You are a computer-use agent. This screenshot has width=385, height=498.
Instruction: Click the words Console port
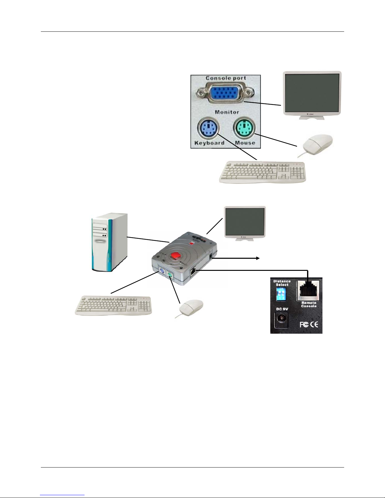pos(226,78)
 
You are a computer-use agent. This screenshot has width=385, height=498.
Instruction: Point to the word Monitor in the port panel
pos(227,112)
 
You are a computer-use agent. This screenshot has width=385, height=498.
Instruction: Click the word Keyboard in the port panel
pos(209,143)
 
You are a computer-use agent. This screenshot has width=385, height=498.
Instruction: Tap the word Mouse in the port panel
pos(245,143)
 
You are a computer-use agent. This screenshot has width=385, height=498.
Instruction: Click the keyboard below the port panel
pos(262,172)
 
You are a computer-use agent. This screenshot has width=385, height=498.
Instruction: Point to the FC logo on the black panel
pos(304,324)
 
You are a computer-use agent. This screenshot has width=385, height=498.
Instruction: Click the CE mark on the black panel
pos(314,324)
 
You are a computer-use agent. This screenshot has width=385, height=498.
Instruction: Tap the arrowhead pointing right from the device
pos(258,258)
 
